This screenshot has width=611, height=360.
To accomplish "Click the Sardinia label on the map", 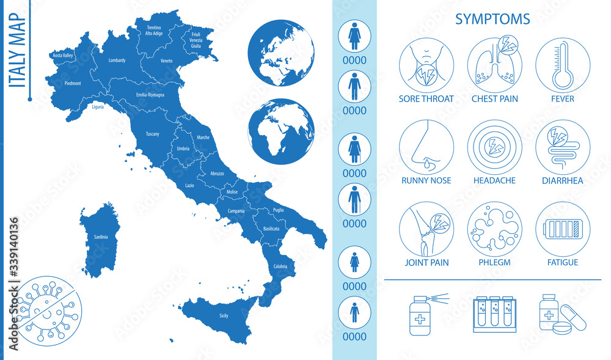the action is tap(101, 237).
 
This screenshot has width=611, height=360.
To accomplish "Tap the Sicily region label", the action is tap(224, 315).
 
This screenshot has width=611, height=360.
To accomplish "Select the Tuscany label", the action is tap(153, 133).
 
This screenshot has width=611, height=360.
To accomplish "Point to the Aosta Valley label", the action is tap(63, 55).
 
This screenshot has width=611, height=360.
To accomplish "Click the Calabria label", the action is tap(280, 266).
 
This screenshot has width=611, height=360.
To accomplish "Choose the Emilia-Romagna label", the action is tap(149, 96).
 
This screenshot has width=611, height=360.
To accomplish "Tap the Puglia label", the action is tap(278, 209).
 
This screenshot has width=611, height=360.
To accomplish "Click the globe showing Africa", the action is tap(281, 132).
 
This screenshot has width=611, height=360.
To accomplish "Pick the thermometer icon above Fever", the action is tap(563, 67).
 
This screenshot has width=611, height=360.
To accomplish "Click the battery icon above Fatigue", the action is tap(563, 230).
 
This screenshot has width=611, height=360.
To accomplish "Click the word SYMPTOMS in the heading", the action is tap(492, 20).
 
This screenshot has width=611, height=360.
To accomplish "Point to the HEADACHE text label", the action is tap(494, 180).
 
